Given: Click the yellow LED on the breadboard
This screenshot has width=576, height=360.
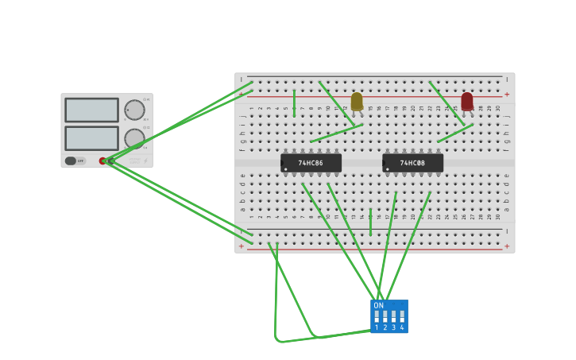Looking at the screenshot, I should click(x=357, y=101).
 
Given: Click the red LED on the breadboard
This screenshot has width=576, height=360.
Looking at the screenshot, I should click(x=467, y=101).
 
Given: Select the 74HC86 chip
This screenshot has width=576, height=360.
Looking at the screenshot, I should click(x=311, y=163).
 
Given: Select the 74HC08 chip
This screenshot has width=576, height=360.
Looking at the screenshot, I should click(x=412, y=163).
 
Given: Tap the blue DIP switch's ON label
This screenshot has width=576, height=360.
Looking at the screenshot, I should click(x=378, y=305).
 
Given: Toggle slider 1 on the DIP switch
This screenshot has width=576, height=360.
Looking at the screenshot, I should click(x=377, y=316).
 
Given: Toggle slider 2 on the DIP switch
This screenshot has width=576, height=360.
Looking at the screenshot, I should click(x=385, y=316).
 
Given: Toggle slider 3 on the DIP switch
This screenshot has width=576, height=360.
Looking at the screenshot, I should click(x=393, y=316).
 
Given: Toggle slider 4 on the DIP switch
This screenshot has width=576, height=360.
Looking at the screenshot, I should click(x=402, y=316).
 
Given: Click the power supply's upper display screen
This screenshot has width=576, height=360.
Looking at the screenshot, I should click(x=91, y=110).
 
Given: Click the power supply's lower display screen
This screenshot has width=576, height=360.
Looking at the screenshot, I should click(x=91, y=138).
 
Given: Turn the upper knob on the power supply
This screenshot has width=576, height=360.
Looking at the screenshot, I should click(x=134, y=110).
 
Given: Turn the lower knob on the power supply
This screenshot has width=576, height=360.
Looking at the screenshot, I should click(x=134, y=138).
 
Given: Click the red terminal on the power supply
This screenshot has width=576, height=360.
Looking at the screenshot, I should click(x=102, y=161).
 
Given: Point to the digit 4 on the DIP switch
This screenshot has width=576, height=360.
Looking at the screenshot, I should click(x=402, y=327).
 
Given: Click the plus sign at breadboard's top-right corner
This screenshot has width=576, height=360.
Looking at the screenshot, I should click(x=507, y=94).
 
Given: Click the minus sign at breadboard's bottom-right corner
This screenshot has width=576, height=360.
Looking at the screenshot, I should click(x=507, y=231).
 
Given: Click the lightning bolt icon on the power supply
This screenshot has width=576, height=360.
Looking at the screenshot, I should click(x=145, y=161).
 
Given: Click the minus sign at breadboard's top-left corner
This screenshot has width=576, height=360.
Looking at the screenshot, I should click(x=242, y=79).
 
